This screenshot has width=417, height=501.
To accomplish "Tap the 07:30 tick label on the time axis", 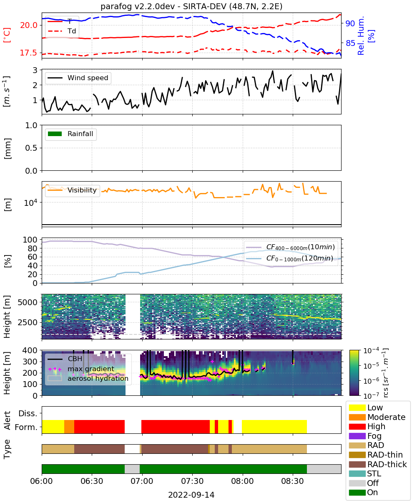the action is (192, 481).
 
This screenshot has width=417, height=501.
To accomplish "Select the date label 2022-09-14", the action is (191, 495).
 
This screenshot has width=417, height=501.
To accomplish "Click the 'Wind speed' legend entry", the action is (78, 78).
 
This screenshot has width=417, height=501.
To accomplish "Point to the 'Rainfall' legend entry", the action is (70, 134).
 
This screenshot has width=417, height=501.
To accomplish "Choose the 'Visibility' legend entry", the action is (72, 190).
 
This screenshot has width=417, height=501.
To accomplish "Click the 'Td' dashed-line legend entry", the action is (62, 31).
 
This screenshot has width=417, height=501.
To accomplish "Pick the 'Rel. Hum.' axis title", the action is (361, 35).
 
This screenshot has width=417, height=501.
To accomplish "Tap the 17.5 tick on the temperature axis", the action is (28, 53).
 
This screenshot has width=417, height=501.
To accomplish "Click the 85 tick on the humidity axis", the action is (350, 43).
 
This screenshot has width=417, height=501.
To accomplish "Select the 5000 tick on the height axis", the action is (28, 302).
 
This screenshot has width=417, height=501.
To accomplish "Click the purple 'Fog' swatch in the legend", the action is (357, 436).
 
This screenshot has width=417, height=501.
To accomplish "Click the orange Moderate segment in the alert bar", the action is (69, 427).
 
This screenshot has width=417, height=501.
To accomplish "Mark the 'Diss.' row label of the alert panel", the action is (28, 413).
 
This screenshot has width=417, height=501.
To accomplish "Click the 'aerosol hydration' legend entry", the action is (88, 378).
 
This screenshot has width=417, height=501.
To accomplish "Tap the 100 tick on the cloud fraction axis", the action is (30, 240).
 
